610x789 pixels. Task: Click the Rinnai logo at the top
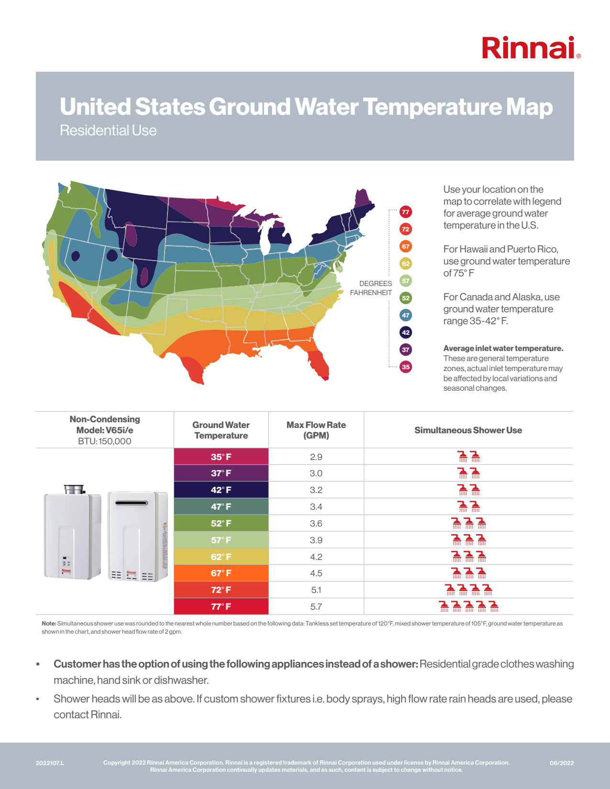530,48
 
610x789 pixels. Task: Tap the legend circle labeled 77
406,212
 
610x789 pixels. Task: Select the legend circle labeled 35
406,367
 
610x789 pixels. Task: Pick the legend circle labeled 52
406,298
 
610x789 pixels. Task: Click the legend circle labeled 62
406,263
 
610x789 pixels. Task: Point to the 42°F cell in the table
221,490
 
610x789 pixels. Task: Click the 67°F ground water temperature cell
221,573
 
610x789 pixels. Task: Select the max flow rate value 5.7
316,606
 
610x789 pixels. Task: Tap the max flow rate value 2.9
316,457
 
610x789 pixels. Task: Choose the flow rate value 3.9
316,540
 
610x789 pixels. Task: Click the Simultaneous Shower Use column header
468,430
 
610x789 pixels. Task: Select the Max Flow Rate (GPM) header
316,430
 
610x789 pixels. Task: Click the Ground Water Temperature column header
221,430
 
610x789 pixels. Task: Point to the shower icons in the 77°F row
469,606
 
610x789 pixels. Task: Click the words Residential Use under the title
108,131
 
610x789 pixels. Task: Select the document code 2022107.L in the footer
50,763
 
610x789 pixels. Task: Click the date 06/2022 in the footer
562,763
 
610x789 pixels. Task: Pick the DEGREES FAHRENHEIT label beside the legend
371,288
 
